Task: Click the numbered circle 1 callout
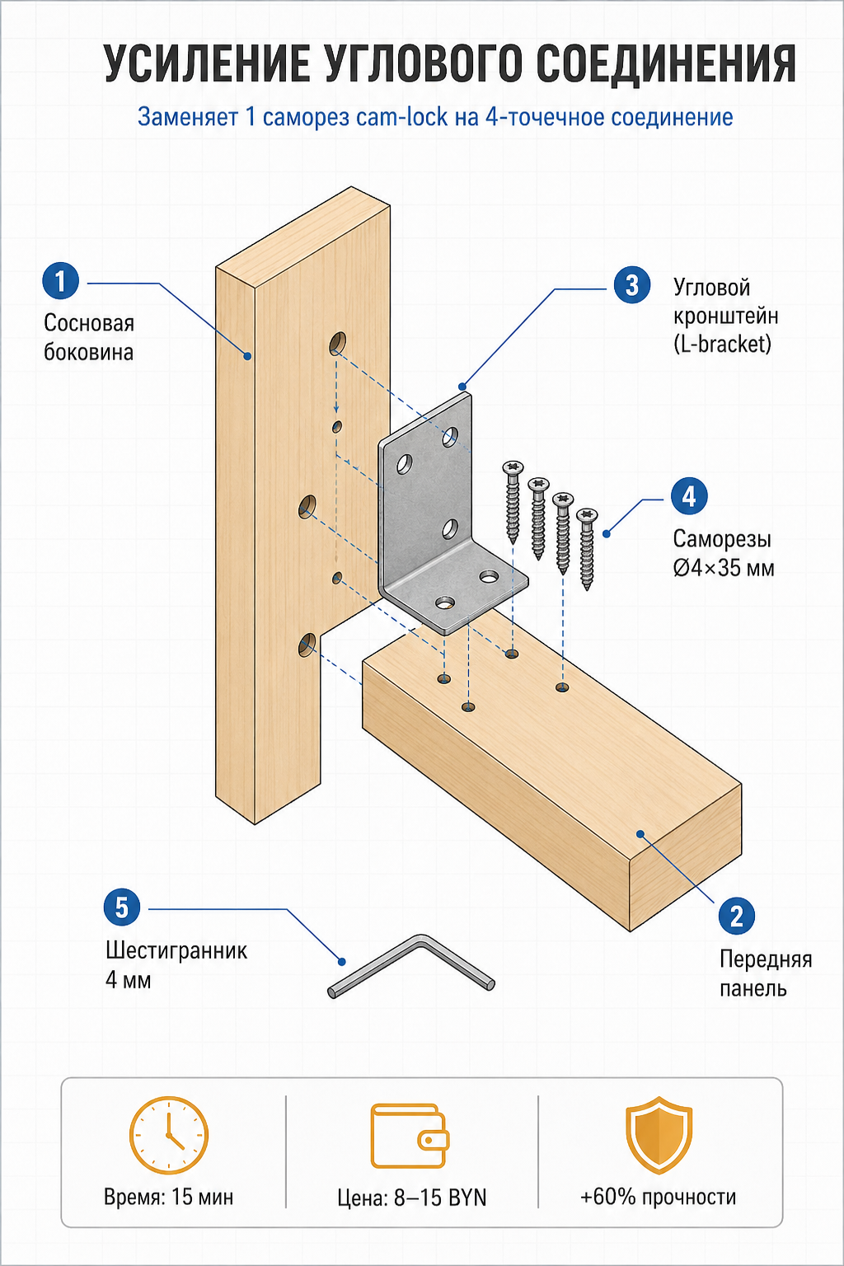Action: [x=60, y=281]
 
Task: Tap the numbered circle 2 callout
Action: [x=736, y=914]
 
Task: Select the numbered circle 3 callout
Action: [x=632, y=285]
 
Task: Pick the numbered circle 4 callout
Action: [x=689, y=496]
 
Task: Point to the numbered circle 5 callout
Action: [x=122, y=907]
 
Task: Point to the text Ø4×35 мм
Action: [x=724, y=568]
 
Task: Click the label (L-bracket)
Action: [x=723, y=345]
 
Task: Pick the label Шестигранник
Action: [x=176, y=950]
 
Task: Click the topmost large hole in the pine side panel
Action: [x=338, y=343]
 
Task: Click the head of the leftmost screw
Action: [x=513, y=467]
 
